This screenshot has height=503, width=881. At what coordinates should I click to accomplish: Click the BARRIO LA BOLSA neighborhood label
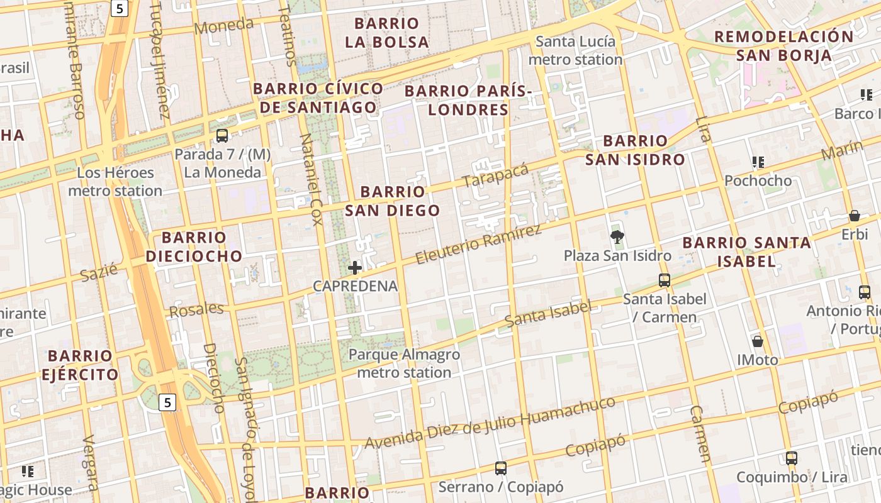tap(391, 33)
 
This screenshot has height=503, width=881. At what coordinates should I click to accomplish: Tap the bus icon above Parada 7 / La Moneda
tap(222, 135)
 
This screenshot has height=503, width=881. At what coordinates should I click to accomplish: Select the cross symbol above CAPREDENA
tap(355, 268)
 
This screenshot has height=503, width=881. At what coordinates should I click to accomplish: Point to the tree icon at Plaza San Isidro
tap(617, 237)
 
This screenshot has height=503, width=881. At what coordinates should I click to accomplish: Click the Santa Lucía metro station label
tap(575, 51)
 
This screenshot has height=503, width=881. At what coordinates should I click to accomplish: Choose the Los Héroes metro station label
tap(115, 182)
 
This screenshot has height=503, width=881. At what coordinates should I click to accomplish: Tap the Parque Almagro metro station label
tap(405, 363)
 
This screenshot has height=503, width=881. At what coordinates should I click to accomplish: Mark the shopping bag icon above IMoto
tap(758, 341)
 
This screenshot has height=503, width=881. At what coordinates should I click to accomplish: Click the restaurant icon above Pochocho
tap(758, 162)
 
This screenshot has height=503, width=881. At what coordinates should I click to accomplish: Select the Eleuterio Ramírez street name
tap(478, 244)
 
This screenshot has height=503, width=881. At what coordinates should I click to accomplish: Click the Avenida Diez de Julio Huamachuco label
tap(490, 424)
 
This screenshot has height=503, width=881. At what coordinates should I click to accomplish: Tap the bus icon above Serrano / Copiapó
tap(501, 468)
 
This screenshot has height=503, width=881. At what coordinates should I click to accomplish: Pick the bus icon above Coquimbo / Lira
tap(792, 458)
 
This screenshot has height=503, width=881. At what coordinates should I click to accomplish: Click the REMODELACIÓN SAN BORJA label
tap(783, 45)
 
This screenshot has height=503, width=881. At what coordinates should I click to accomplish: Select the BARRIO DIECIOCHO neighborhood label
tap(194, 246)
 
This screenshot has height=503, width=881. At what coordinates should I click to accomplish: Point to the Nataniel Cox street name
tap(311, 179)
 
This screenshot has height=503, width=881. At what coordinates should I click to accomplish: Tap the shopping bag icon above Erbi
tap(855, 216)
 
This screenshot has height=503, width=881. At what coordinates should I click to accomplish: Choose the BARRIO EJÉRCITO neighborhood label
tap(80, 365)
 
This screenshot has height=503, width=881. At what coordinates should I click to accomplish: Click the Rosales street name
tap(196, 310)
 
